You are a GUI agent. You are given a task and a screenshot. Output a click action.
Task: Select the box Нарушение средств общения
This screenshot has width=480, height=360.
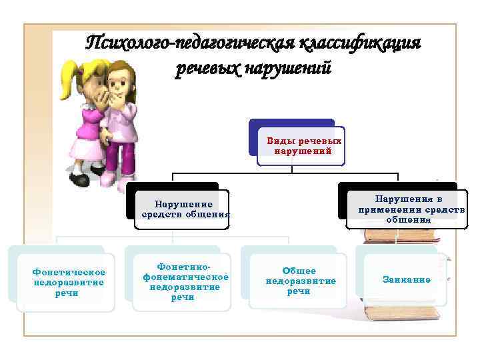[x=182, y=209]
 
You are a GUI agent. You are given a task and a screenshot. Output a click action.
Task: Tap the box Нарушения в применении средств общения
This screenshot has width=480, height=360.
[x=407, y=209]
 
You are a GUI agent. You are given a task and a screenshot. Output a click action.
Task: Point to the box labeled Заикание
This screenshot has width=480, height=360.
[x=407, y=280]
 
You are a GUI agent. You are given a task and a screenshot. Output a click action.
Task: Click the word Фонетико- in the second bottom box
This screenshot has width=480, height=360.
[x=182, y=266]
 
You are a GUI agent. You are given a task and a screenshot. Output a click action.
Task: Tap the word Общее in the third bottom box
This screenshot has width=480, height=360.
[x=299, y=271]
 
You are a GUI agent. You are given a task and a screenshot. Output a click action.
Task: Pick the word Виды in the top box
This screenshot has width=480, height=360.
[x=280, y=141]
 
